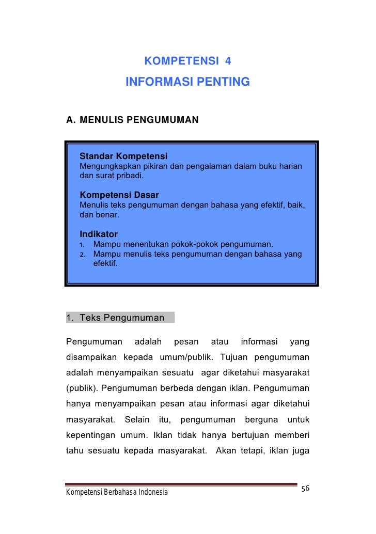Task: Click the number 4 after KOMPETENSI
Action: tap(228, 61)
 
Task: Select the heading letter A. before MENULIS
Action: tap(71, 120)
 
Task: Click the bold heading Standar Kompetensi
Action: tap(123, 156)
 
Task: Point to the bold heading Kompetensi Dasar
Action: tap(119, 195)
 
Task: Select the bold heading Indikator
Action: tap(98, 234)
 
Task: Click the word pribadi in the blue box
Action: tap(131, 176)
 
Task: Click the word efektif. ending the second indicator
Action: tap(105, 263)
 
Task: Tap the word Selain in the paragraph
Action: tap(137, 419)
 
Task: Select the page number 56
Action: tap(305, 489)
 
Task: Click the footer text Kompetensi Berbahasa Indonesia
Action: tap(117, 492)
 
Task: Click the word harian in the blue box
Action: tap(290, 166)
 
